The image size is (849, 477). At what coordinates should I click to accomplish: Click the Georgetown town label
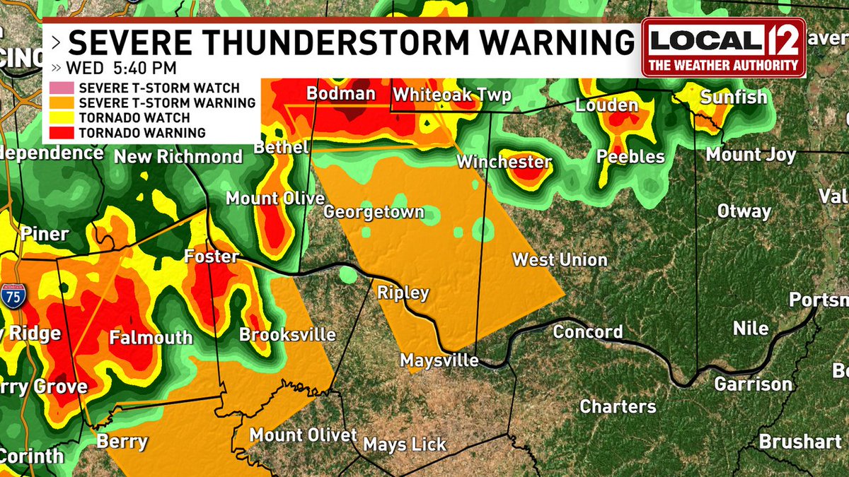374,212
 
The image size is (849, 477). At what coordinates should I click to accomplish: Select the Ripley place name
403,293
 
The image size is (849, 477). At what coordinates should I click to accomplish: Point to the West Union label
560,259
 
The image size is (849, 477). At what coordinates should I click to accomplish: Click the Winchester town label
504,162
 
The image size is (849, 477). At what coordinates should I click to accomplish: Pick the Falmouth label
151,338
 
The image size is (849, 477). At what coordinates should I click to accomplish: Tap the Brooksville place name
287,334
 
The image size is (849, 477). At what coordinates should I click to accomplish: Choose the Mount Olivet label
304,435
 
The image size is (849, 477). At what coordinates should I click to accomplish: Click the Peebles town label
630,156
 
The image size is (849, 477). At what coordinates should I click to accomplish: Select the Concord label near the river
588,331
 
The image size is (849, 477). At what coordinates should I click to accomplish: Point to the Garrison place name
753,384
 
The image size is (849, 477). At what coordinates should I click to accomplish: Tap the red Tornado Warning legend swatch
61,133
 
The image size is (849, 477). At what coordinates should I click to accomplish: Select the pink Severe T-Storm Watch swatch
61,88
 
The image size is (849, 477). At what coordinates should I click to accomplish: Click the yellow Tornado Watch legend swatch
61,118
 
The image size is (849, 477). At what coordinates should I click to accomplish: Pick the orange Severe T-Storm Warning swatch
61,103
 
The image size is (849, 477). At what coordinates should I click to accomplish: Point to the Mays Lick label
405,444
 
